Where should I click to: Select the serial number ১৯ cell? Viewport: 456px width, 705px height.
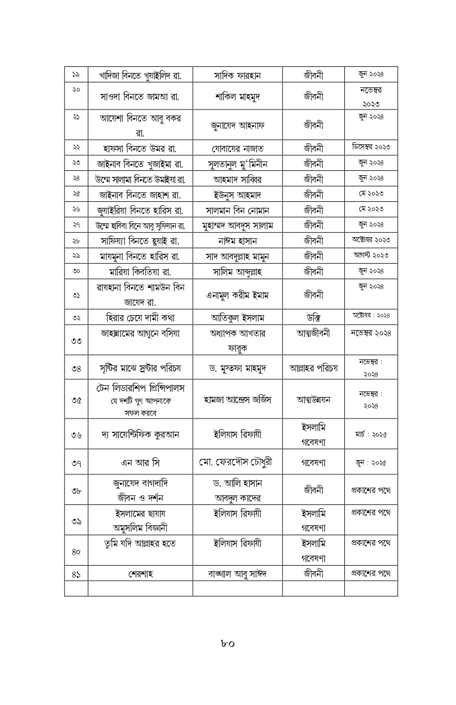click(76, 75)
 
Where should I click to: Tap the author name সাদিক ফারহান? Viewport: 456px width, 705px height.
click(237, 75)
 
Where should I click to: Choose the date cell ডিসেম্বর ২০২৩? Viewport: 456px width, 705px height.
click(371, 147)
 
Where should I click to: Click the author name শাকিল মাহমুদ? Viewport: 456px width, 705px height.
click(237, 97)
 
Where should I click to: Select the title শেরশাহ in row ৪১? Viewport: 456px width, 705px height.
click(140, 574)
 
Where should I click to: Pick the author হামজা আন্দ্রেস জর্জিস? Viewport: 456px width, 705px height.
click(237, 400)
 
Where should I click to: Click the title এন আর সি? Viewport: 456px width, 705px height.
click(140, 462)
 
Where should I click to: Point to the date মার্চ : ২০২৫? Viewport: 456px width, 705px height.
click(371, 434)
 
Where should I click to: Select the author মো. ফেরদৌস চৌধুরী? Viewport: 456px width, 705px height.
click(237, 462)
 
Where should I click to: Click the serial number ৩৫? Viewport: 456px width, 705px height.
click(76, 400)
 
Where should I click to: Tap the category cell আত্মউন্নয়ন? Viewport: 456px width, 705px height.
click(313, 400)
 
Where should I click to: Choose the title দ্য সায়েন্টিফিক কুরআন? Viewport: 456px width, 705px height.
click(140, 435)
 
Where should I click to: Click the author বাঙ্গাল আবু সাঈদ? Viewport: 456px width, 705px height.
click(237, 574)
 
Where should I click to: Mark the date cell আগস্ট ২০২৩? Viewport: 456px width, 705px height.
click(371, 255)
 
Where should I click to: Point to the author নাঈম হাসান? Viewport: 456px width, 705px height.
click(237, 241)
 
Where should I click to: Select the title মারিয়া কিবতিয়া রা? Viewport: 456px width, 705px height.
click(140, 271)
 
